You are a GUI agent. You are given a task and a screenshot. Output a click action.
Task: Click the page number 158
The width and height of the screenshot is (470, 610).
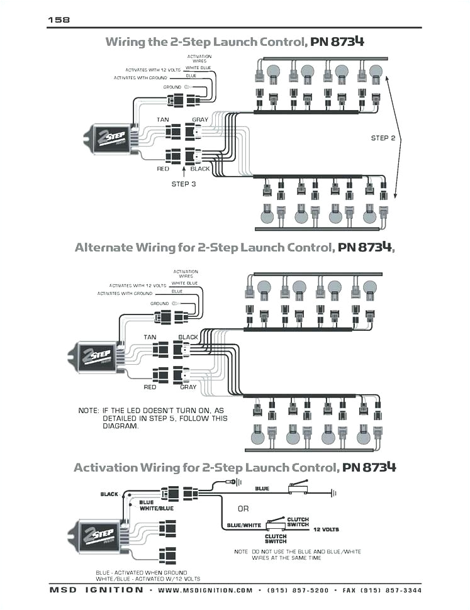coord(58,20)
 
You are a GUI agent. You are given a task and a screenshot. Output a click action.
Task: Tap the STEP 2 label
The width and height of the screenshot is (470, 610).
coord(383,138)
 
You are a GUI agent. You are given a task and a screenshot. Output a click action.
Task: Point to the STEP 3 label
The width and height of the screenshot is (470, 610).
coord(184,184)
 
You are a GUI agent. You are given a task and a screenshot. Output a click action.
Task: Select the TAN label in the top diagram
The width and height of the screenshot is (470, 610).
coord(164,119)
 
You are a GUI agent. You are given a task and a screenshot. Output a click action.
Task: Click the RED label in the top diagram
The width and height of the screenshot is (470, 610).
coord(164,169)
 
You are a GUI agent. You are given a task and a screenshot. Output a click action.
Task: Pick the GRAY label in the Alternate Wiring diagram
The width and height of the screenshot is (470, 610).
coord(188,387)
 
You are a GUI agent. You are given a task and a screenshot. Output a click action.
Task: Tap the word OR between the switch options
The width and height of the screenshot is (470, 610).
coord(243,508)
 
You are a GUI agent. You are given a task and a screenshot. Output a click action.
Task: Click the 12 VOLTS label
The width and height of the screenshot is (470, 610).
coord(327,529)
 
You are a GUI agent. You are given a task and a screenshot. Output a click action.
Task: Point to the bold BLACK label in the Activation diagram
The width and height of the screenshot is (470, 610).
coord(109,494)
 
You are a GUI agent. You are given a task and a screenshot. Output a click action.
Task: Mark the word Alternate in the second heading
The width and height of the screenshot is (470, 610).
coord(104,247)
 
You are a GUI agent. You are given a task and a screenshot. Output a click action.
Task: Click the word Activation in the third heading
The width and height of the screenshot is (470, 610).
coord(105,467)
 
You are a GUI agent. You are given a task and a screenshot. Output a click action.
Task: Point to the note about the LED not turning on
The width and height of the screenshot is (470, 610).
coord(153,418)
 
